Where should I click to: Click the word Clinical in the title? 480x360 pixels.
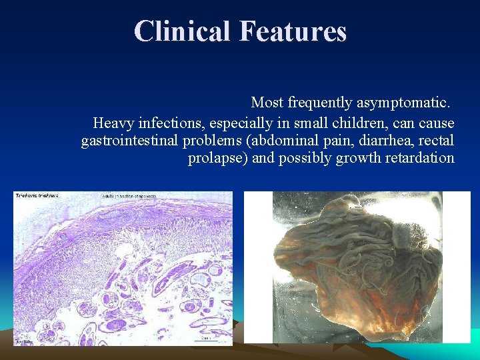pos(181,31)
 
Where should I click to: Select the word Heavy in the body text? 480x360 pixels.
pos(112,123)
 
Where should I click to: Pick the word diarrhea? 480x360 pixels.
pos(383,141)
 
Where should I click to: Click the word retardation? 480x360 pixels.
pos(419,158)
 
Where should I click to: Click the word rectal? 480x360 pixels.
pos(437,141)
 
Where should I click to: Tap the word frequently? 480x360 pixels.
pos(319,103)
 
